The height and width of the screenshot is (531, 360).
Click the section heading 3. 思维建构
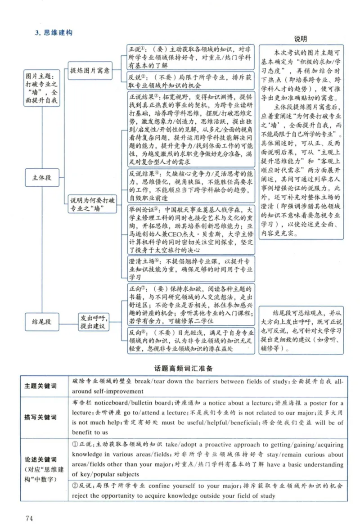[x=54, y=32]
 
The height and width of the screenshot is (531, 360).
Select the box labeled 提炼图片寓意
[x=89, y=71]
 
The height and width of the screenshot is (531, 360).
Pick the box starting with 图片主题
[x=41, y=89]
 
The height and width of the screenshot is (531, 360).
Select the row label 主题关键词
[x=41, y=387]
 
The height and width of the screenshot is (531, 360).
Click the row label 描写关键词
[x=41, y=417]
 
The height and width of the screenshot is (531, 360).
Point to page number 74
[x=30, y=518]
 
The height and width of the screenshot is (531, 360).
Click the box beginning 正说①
[x=190, y=57]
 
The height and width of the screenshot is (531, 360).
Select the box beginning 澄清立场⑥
[x=190, y=269]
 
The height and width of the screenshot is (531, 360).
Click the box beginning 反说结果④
[x=190, y=185]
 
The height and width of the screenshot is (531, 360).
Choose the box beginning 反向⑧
[x=190, y=341]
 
